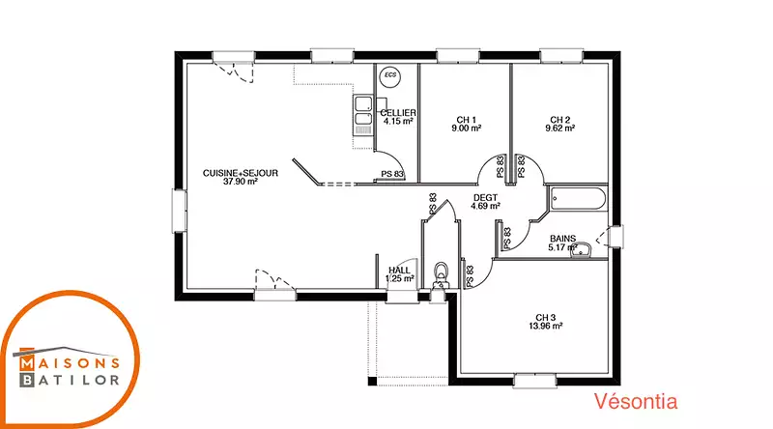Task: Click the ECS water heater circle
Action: (x=390, y=76)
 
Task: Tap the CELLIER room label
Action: (x=398, y=113)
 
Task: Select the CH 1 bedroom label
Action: (x=467, y=120)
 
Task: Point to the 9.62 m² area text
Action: (x=560, y=129)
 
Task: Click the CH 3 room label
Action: (x=546, y=318)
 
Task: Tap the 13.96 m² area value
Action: (x=546, y=326)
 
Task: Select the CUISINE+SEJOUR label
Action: (x=241, y=173)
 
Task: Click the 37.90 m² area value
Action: (x=241, y=182)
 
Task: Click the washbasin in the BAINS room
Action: (x=583, y=250)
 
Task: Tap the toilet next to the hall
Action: (x=441, y=276)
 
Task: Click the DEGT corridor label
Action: (x=486, y=198)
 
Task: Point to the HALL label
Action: (x=399, y=271)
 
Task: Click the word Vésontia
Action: (x=636, y=401)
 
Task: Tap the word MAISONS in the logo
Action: (x=70, y=363)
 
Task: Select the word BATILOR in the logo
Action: (x=70, y=380)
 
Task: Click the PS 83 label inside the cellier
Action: (x=392, y=174)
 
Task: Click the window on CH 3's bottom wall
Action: (x=535, y=381)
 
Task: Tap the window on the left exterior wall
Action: (x=179, y=211)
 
